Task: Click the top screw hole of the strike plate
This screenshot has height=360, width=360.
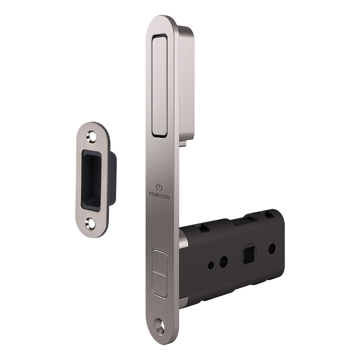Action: click(91, 137)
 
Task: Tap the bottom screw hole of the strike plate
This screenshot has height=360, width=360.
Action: click(90, 224)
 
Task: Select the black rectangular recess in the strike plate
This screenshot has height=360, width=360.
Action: click(91, 180)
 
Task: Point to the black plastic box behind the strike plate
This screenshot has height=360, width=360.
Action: click(112, 178)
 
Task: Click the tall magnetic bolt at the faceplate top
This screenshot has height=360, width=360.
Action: click(159, 85)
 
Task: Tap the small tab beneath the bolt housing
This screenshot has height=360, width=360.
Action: click(183, 143)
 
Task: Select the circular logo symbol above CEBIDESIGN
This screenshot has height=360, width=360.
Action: click(159, 188)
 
